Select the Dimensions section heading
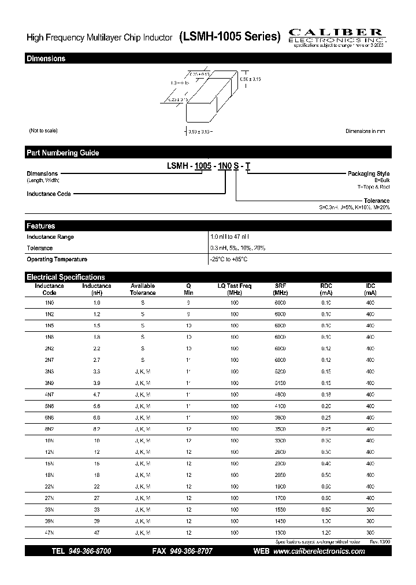(x=46, y=59)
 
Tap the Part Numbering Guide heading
(x=62, y=153)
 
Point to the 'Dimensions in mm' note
(x=365, y=131)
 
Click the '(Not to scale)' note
(x=43, y=131)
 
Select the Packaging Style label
(x=368, y=174)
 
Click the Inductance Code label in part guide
(x=49, y=194)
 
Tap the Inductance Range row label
(x=50, y=237)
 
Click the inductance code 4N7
(x=49, y=394)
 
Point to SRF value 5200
(x=280, y=371)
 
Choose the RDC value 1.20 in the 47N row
(x=326, y=531)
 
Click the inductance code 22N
(x=49, y=486)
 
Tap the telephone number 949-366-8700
(x=90, y=552)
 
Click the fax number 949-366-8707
(x=190, y=552)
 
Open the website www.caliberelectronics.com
(x=318, y=552)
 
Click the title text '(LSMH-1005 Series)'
(x=229, y=36)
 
